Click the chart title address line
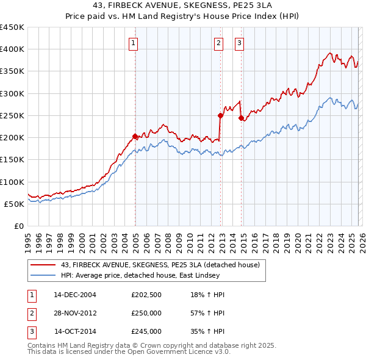[x=183, y=5]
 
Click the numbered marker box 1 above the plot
[x=133, y=43]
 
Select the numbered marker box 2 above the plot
[x=218, y=43]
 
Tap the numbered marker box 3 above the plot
[x=239, y=43]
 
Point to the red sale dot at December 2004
[x=135, y=136]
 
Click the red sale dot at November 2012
[x=220, y=115]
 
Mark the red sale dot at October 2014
[x=241, y=117]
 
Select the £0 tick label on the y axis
[x=18, y=226]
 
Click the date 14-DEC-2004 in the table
[x=75, y=295]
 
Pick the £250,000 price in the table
[x=146, y=314]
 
